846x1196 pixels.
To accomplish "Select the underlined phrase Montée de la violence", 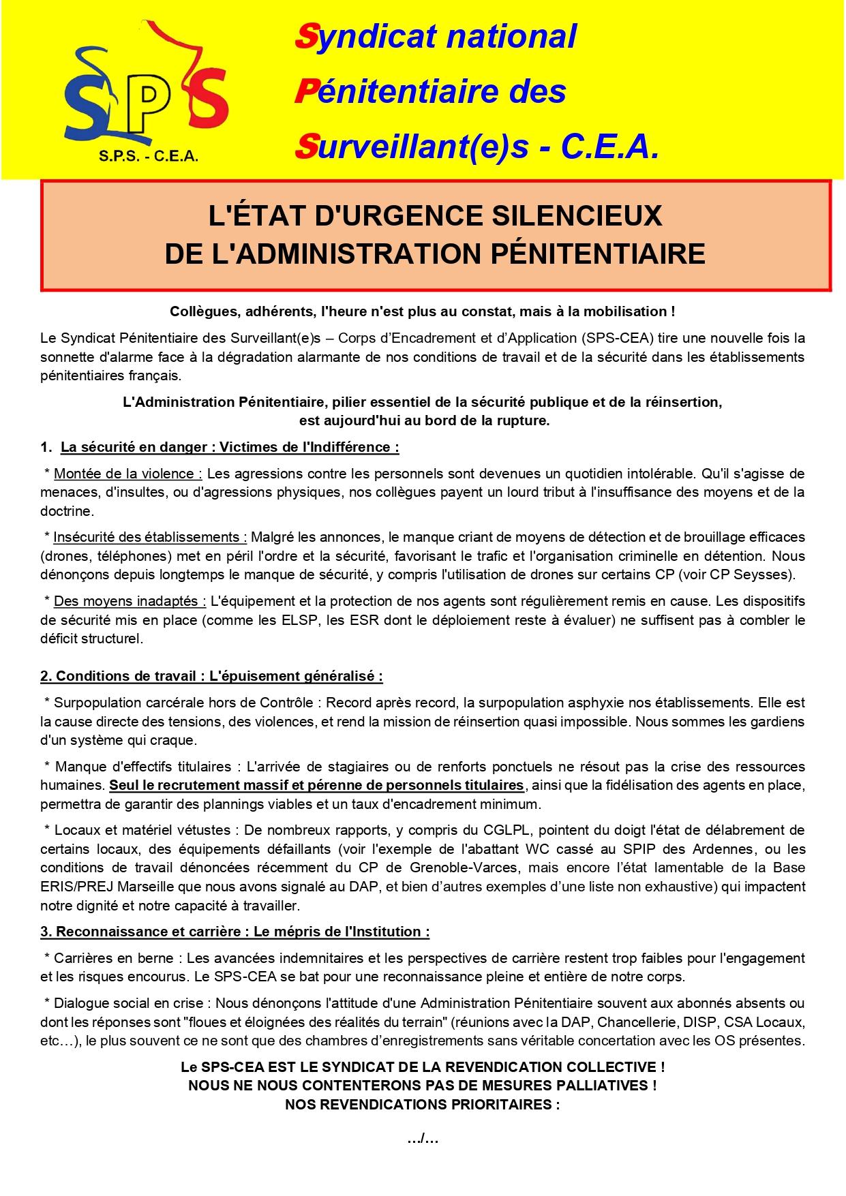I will coord(127,473).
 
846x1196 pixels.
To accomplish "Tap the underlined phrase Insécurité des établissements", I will coord(150,537).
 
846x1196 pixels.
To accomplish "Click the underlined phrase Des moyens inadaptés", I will coord(130,601).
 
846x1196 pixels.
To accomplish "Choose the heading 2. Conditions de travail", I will coord(211,676).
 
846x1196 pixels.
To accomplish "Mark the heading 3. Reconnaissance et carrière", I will coord(235,931).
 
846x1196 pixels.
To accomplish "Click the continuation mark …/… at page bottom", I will coord(423,1138).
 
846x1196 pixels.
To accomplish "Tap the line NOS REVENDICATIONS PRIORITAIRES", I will coord(423,1105).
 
